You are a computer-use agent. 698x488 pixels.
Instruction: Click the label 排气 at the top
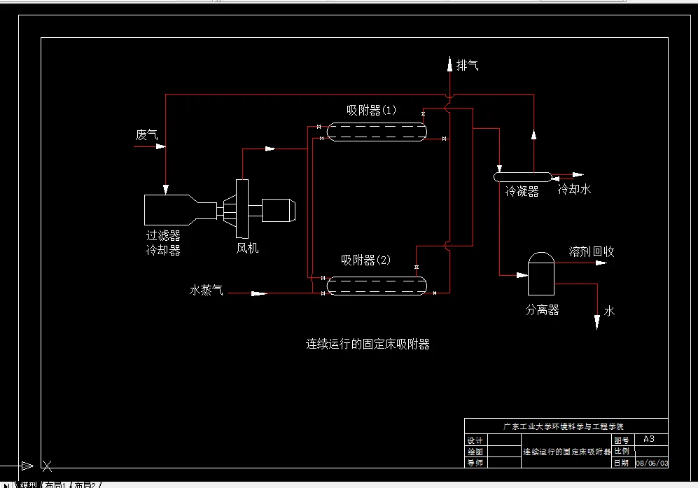pyautogui.click(x=467, y=66)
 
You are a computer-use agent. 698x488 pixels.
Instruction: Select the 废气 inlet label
pyautogui.click(x=146, y=135)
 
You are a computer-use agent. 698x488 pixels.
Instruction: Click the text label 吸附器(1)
pyautogui.click(x=371, y=110)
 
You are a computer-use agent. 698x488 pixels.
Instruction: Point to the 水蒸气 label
pyautogui.click(x=207, y=289)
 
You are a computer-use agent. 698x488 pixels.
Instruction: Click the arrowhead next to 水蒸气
pyautogui.click(x=259, y=293)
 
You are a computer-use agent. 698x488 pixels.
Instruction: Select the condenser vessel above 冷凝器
pyautogui.click(x=522, y=176)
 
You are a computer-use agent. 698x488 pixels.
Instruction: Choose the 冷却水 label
pyautogui.click(x=574, y=190)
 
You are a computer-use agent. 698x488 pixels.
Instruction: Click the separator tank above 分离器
pyautogui.click(x=540, y=275)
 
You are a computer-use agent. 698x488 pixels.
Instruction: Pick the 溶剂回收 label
pyautogui.click(x=592, y=251)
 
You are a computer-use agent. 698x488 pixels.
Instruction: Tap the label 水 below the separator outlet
pyautogui.click(x=609, y=311)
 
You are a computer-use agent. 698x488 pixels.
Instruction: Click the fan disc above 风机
pyautogui.click(x=242, y=209)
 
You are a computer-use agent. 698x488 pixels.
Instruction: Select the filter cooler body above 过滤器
pyautogui.click(x=168, y=209)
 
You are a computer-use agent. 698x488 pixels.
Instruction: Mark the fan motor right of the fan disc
pyautogui.click(x=279, y=209)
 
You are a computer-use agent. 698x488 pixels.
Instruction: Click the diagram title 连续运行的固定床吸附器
pyautogui.click(x=368, y=344)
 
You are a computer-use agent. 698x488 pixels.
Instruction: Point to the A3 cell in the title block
pyautogui.click(x=649, y=439)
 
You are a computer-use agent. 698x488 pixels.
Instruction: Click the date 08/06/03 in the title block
pyautogui.click(x=651, y=463)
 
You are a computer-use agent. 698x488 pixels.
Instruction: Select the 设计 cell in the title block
pyautogui.click(x=475, y=440)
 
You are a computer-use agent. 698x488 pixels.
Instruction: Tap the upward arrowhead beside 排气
pyautogui.click(x=449, y=65)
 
